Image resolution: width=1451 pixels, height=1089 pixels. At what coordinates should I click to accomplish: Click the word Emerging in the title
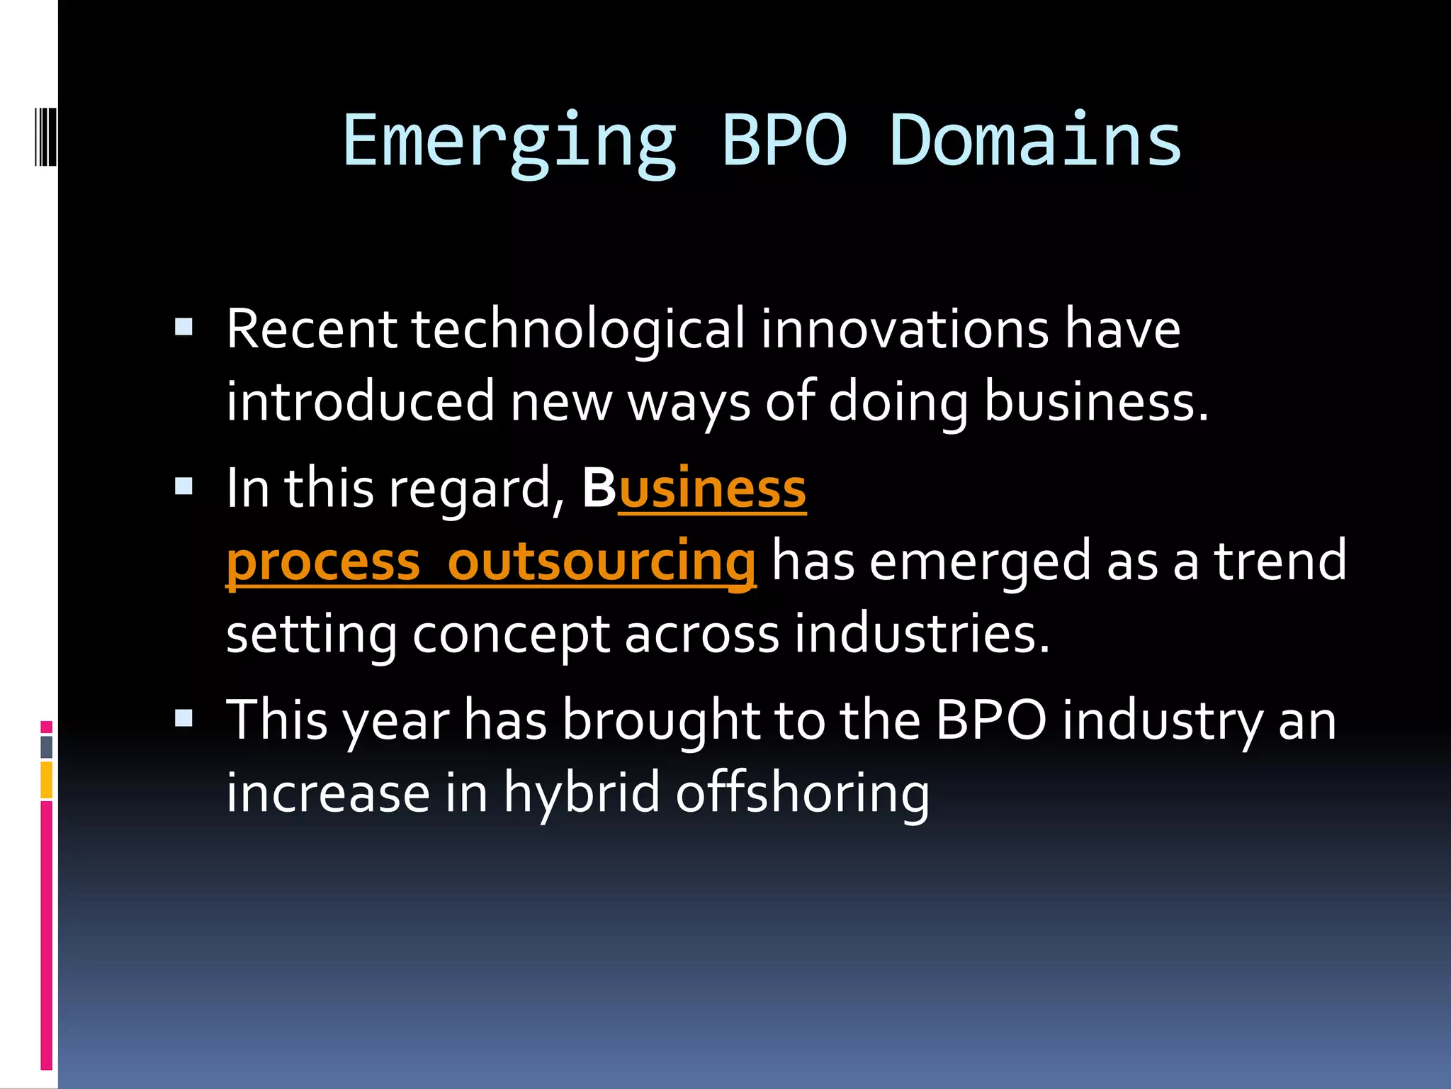click(x=509, y=142)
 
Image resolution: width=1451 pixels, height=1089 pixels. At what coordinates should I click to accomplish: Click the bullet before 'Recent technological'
click(x=184, y=326)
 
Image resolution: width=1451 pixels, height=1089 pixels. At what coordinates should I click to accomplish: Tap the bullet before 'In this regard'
click(x=184, y=486)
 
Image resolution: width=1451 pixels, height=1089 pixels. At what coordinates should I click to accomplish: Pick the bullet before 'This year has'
click(x=184, y=718)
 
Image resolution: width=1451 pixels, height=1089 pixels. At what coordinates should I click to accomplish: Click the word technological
click(x=577, y=330)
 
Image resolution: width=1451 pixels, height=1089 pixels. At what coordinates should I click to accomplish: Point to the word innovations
click(x=904, y=330)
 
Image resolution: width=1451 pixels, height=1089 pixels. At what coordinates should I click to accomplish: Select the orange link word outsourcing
click(x=602, y=562)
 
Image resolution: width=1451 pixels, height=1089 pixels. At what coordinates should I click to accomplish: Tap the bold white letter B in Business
click(x=599, y=489)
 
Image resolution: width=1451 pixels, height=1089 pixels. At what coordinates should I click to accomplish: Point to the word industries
click(x=921, y=633)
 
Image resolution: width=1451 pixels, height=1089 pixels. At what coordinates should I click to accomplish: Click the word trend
click(x=1280, y=561)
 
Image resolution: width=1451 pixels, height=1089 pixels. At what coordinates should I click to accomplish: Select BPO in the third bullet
click(x=990, y=721)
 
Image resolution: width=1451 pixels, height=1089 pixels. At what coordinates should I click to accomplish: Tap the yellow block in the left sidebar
click(x=47, y=780)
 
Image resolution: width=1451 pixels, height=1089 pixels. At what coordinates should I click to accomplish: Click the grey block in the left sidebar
click(x=47, y=747)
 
